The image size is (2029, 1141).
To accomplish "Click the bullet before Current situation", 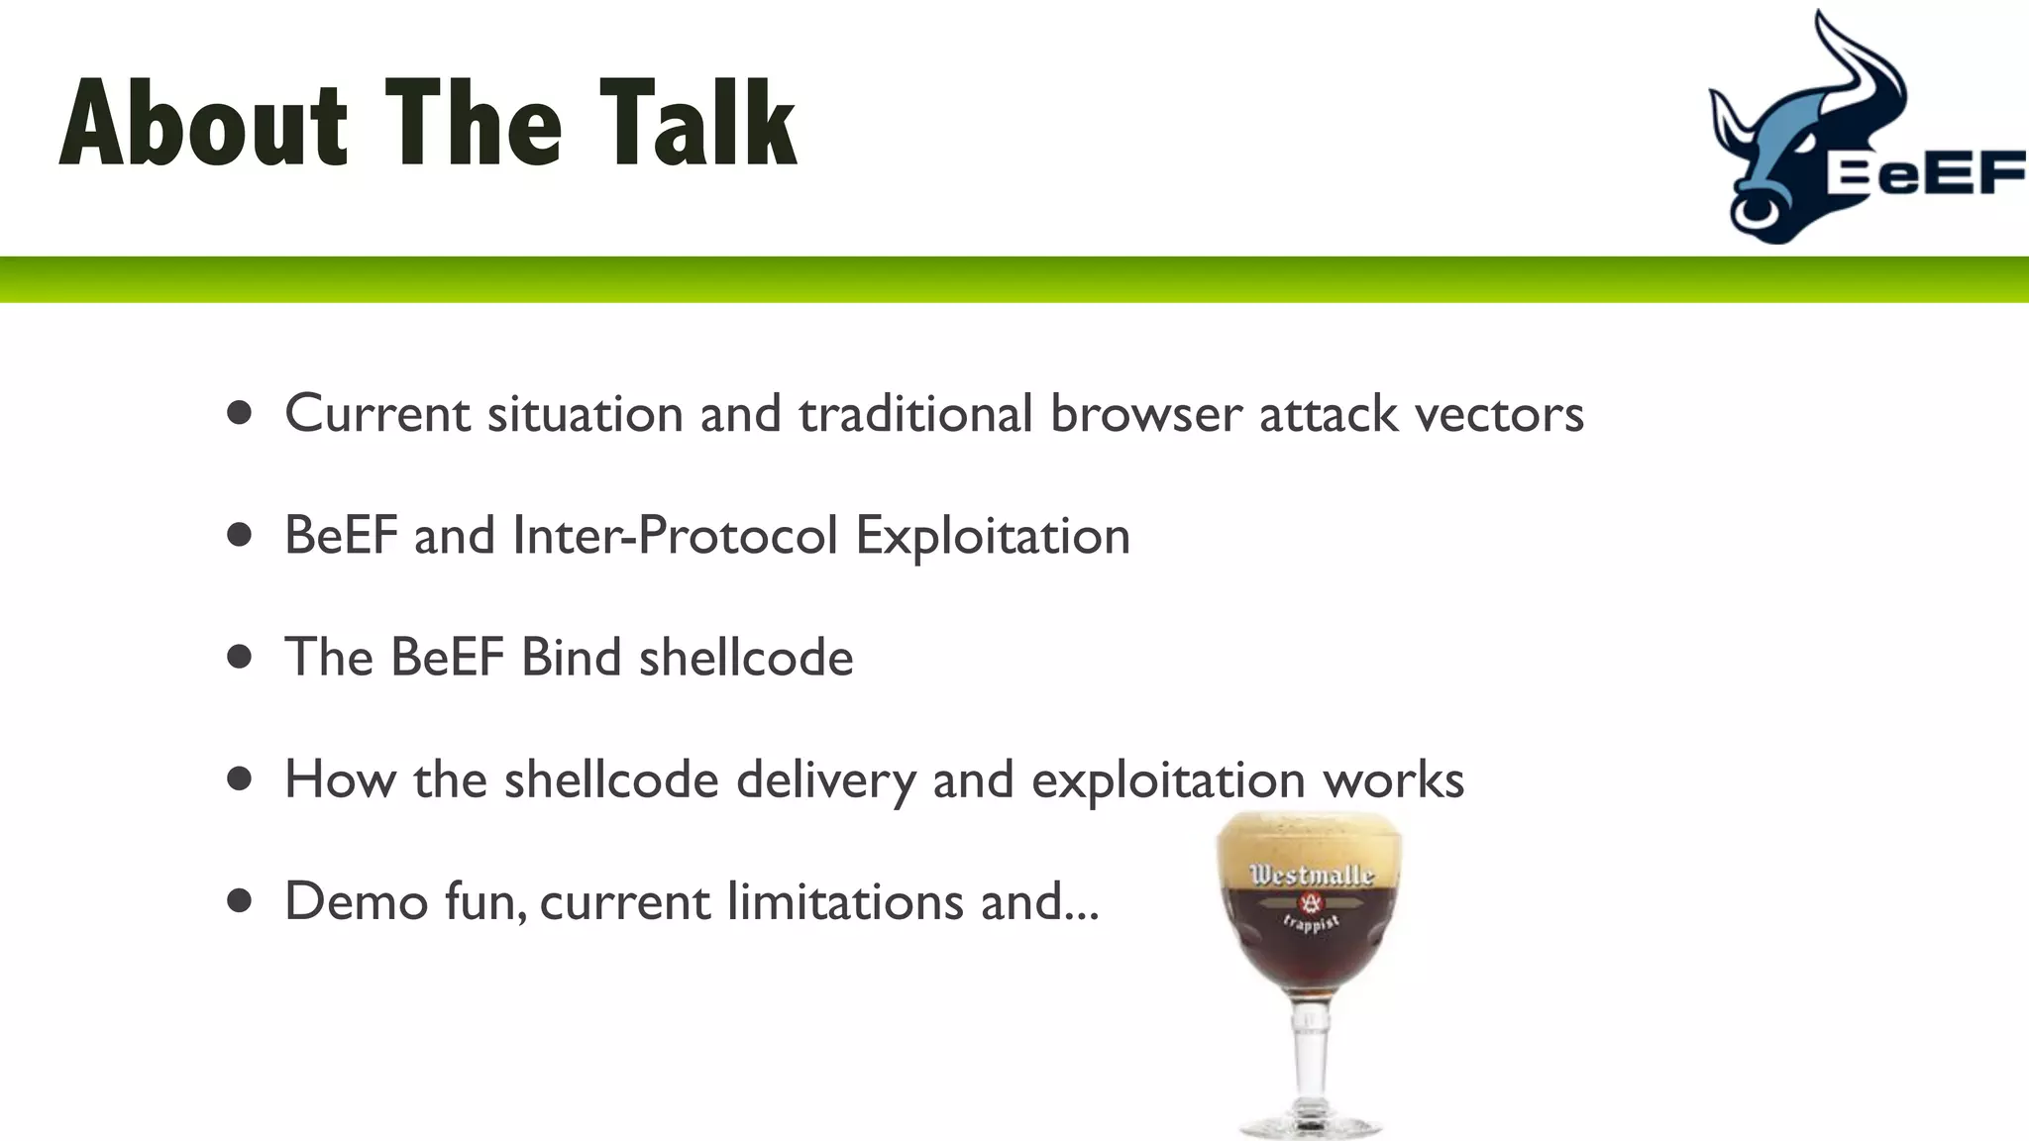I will click(239, 412).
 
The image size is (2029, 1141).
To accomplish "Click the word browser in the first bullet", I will click(1145, 414).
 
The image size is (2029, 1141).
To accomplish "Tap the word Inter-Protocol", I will click(675, 536).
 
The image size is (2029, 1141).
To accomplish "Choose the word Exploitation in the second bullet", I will click(992, 536).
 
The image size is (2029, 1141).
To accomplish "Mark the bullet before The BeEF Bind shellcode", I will click(239, 657).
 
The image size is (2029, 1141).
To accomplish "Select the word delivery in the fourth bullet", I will click(825, 779).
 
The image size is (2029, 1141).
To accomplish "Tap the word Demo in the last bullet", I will click(356, 901).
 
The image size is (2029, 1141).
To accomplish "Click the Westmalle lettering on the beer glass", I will click(1311, 875).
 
